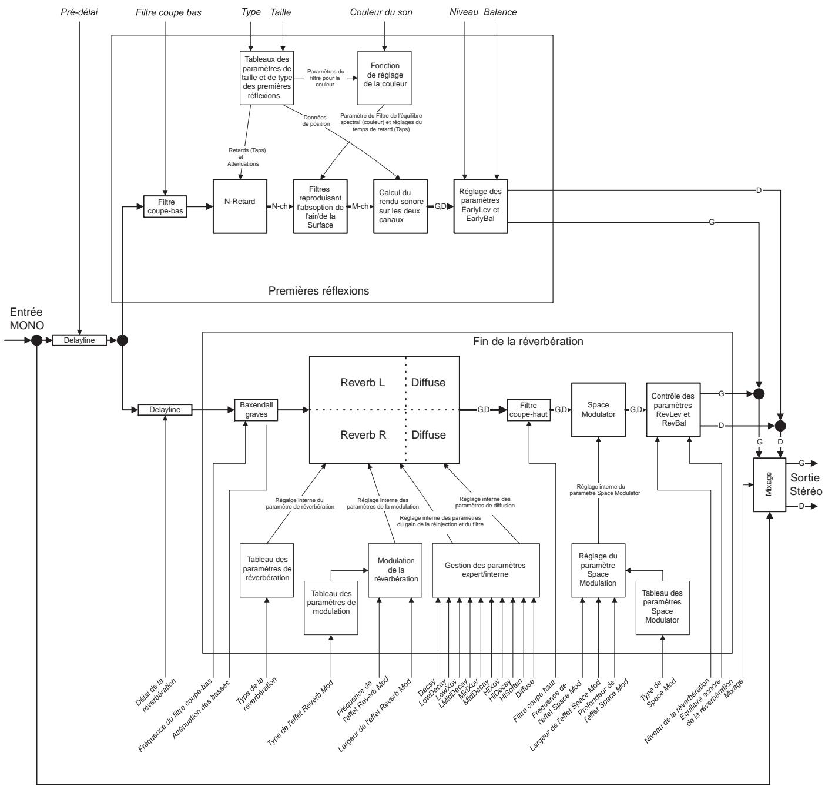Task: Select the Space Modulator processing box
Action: pyautogui.click(x=598, y=410)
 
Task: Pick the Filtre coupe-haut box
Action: pyautogui.click(x=527, y=410)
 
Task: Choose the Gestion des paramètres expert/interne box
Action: pyautogui.click(x=485, y=570)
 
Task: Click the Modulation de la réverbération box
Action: pyautogui.click(x=395, y=570)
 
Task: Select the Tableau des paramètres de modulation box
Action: pyautogui.click(x=331, y=607)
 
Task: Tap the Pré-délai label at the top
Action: pyautogui.click(x=79, y=12)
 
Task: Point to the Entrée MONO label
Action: pyautogui.click(x=26, y=318)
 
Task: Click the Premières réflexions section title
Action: pyautogui.click(x=318, y=290)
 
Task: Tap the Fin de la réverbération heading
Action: pyautogui.click(x=528, y=341)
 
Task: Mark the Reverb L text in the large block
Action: pyautogui.click(x=363, y=382)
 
